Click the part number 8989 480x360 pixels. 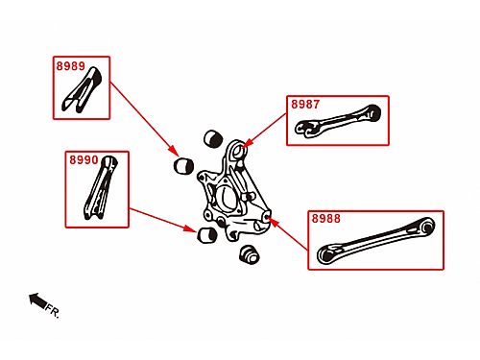click(71, 66)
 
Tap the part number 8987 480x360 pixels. click(305, 105)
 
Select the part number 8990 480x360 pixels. click(84, 159)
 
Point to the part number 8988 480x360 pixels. click(326, 219)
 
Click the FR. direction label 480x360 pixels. click(53, 311)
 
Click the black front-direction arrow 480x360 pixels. click(38, 300)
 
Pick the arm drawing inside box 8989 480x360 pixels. click(82, 90)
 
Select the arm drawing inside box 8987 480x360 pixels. click(338, 121)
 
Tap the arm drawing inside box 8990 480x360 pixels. click(101, 188)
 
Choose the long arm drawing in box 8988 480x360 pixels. click(376, 240)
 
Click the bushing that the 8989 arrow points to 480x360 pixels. click(183, 165)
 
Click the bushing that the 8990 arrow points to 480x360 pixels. click(207, 235)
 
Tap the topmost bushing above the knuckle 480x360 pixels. click(213, 138)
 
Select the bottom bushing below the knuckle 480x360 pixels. click(249, 254)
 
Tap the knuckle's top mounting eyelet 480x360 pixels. click(238, 150)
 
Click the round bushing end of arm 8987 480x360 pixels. click(372, 112)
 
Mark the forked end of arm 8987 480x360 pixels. click(305, 129)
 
